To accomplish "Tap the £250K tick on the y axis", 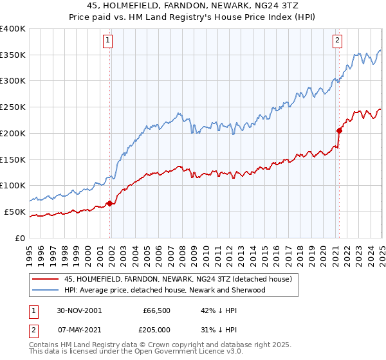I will pos(13,107).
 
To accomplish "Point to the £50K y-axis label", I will pos(15,212).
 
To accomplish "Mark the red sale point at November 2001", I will pos(110,203).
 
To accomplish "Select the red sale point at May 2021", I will pos(339,130).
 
